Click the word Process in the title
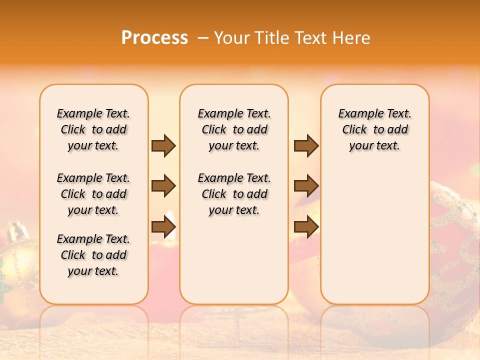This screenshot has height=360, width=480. [x=154, y=37]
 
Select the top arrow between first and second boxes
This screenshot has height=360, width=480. [x=163, y=145]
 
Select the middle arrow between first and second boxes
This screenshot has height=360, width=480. [x=163, y=186]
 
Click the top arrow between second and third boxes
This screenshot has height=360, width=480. [x=306, y=145]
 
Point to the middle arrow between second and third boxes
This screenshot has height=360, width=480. [x=306, y=186]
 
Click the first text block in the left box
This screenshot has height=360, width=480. [x=93, y=129]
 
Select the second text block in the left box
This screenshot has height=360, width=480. [x=93, y=194]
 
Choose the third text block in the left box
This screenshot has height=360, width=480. [x=93, y=255]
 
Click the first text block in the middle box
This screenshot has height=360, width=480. [x=234, y=129]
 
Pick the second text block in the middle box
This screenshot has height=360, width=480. [x=234, y=194]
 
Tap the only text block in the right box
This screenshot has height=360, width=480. [x=374, y=129]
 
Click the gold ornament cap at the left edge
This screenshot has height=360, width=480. [x=18, y=231]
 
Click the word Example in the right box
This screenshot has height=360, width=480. [x=357, y=114]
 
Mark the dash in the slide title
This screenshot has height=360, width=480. [x=203, y=38]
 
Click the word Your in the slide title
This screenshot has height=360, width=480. [x=232, y=38]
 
